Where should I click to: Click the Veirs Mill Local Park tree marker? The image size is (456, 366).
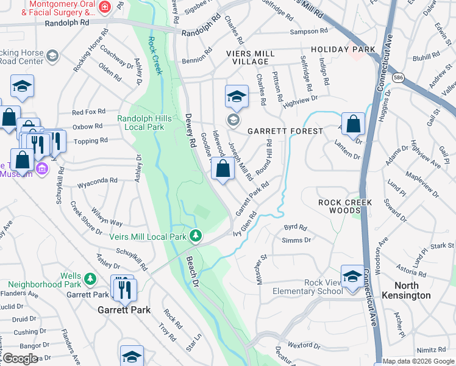(x=195, y=235)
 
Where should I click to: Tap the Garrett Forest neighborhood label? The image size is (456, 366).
(x=285, y=131)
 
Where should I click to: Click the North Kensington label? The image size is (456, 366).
(x=421, y=290)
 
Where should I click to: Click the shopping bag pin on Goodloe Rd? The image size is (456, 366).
(x=223, y=168)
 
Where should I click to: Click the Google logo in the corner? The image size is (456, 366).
(x=21, y=359)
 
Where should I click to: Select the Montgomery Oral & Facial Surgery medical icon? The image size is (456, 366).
(x=105, y=7)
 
